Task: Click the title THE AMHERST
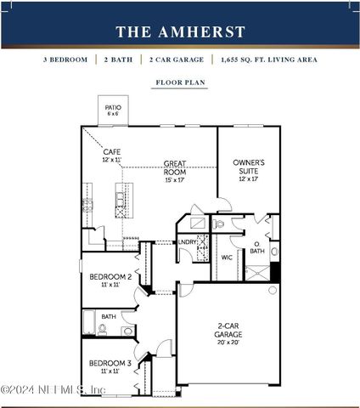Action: point(180,32)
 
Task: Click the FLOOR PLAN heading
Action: point(179,83)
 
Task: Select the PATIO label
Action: point(113,108)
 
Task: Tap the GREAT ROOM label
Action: point(174,167)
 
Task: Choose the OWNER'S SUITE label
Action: point(249,167)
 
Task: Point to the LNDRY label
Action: point(188,242)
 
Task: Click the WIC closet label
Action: point(227,257)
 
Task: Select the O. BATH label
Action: point(256,247)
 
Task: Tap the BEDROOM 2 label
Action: point(110,277)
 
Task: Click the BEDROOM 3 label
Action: point(110,363)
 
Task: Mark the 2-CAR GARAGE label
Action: point(228,329)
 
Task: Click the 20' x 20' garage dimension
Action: point(228,343)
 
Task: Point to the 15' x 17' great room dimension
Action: point(174,179)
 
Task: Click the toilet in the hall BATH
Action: point(103,328)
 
